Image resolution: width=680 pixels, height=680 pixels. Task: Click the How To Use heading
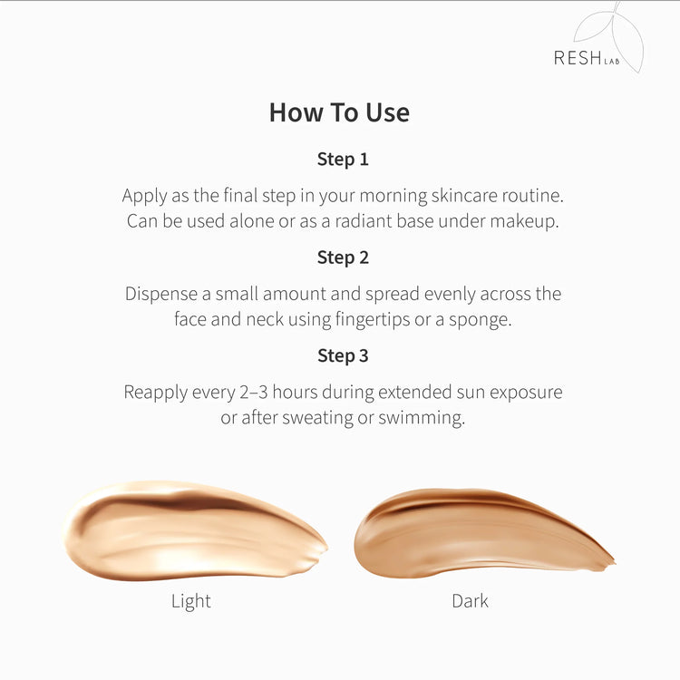pyautogui.click(x=339, y=112)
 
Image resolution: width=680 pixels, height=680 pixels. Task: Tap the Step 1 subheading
pyautogui.click(x=343, y=160)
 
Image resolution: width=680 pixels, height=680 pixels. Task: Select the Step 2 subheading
pyautogui.click(x=343, y=258)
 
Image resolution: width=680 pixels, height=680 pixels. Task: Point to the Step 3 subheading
pyautogui.click(x=343, y=356)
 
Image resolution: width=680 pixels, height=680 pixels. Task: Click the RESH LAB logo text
pyautogui.click(x=587, y=58)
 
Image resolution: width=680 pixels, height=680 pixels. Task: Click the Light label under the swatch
pyautogui.click(x=190, y=601)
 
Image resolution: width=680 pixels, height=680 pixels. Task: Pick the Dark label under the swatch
pyautogui.click(x=470, y=601)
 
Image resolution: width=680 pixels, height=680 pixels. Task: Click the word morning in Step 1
pyautogui.click(x=393, y=196)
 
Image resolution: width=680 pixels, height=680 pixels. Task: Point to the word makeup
pyautogui.click(x=524, y=221)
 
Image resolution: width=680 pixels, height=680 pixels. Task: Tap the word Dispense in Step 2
pyautogui.click(x=160, y=294)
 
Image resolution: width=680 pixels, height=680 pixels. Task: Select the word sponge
pyautogui.click(x=480, y=320)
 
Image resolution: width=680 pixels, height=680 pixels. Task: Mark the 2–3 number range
pyautogui.click(x=254, y=392)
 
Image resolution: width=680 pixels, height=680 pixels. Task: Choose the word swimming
pyautogui.click(x=422, y=418)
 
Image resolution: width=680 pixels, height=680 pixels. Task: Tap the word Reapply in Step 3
pyautogui.click(x=155, y=393)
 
